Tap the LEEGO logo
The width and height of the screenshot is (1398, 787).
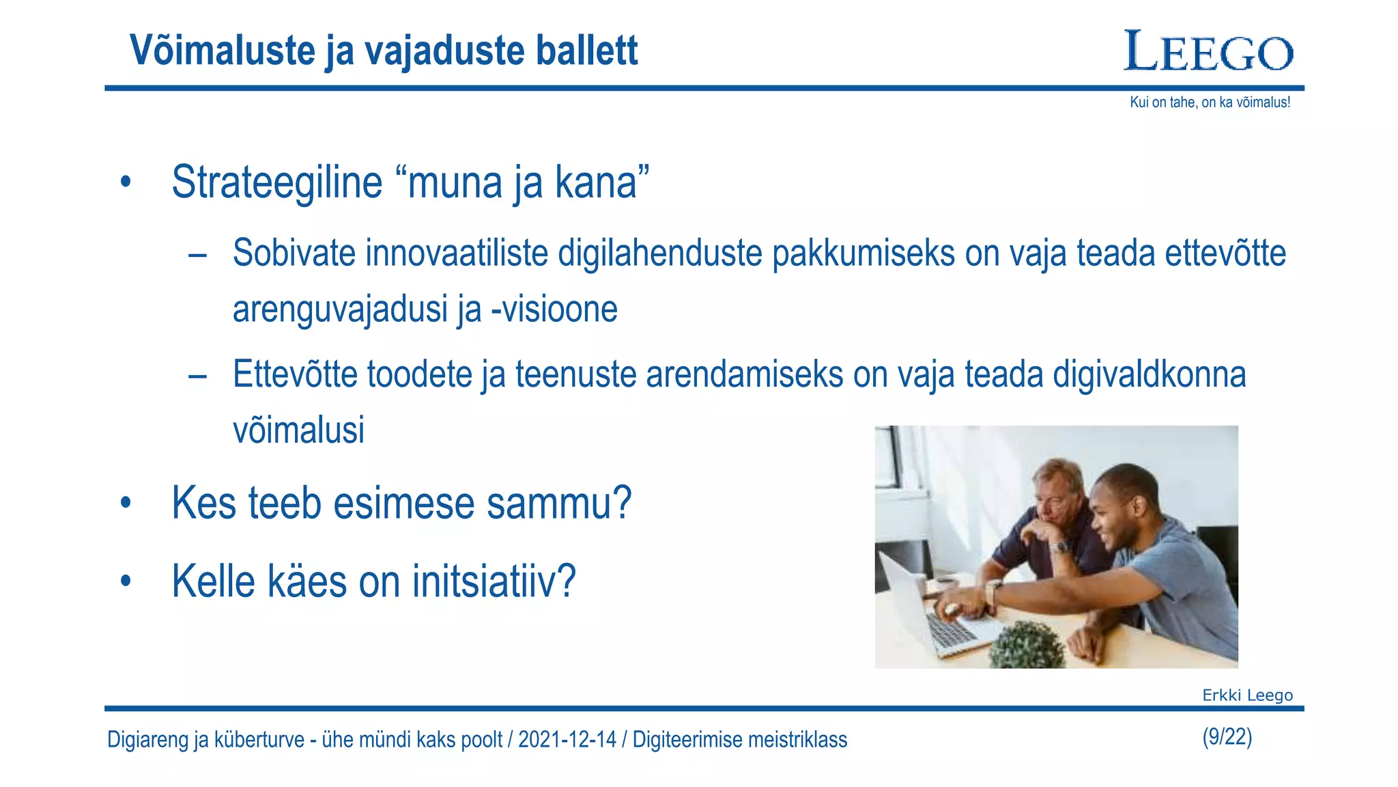(1208, 52)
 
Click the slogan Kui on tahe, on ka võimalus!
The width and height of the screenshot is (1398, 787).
(1210, 102)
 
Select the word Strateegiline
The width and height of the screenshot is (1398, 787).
(276, 183)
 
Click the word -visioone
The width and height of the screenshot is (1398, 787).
(554, 309)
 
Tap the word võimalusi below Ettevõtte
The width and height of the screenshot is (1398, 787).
(298, 430)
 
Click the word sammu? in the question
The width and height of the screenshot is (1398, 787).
(558, 503)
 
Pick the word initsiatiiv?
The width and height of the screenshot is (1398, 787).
(494, 582)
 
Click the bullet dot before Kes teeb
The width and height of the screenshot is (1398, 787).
(125, 503)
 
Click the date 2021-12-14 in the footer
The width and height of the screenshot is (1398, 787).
(567, 740)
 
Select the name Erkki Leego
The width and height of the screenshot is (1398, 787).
(1247, 695)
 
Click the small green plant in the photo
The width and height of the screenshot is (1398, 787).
(1026, 644)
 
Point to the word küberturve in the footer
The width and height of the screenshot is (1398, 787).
(259, 740)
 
